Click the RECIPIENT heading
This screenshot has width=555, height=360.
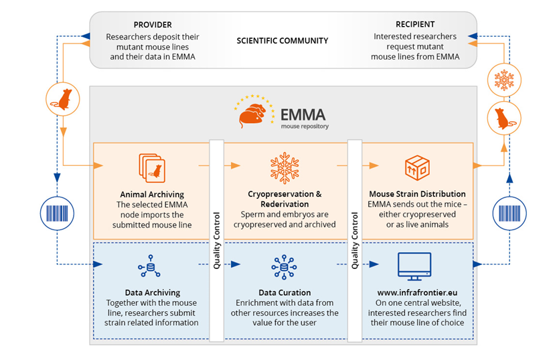(x=415, y=24)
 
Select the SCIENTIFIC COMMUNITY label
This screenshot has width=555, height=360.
(x=283, y=41)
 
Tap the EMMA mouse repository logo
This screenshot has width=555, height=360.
(x=281, y=112)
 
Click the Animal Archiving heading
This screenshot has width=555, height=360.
(x=151, y=194)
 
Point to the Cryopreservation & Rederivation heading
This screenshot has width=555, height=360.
(x=285, y=199)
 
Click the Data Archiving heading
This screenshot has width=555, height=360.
(x=151, y=292)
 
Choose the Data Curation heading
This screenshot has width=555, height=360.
(x=285, y=292)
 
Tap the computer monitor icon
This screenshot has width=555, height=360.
(x=414, y=266)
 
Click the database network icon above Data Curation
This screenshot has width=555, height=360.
(x=284, y=267)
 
